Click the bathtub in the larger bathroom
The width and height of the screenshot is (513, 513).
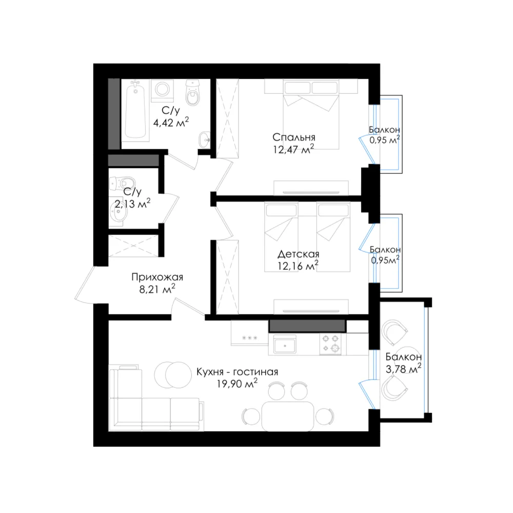point(135,111)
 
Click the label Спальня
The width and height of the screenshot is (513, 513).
point(294,137)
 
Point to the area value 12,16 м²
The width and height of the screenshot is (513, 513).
point(298,266)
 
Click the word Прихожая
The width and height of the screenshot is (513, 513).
point(157,277)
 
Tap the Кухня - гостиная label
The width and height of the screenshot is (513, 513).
point(237,372)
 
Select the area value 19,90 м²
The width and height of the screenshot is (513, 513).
point(237,383)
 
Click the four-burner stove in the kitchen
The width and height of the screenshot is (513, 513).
point(330,344)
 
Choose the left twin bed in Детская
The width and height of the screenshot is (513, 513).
point(281,236)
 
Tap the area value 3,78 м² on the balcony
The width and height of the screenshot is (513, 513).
point(403,369)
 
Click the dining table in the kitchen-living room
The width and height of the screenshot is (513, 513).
point(288,417)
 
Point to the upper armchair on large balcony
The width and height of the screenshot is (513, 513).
point(394,331)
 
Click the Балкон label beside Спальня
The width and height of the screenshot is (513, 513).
point(384,130)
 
